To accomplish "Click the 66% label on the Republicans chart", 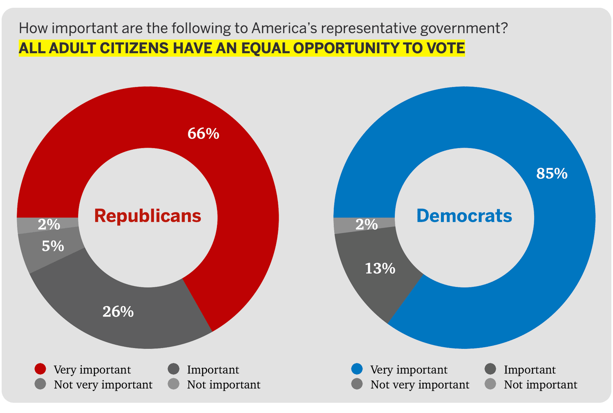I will (203, 134).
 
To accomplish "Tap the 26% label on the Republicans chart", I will (118, 312).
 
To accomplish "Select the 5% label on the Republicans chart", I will (53, 246).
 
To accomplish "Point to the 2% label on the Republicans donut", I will (49, 224).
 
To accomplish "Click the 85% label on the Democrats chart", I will (552, 174).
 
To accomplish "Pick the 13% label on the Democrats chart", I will (380, 269).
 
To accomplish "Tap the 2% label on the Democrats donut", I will (367, 224).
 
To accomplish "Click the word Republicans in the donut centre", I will (148, 216).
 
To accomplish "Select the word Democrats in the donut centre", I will (464, 216).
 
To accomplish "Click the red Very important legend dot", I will (40, 369).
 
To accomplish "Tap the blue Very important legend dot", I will (357, 369).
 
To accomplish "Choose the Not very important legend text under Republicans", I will (103, 385).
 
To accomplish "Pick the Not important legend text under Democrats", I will (540, 385).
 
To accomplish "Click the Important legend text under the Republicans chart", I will (213, 370).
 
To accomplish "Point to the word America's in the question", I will (284, 29).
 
